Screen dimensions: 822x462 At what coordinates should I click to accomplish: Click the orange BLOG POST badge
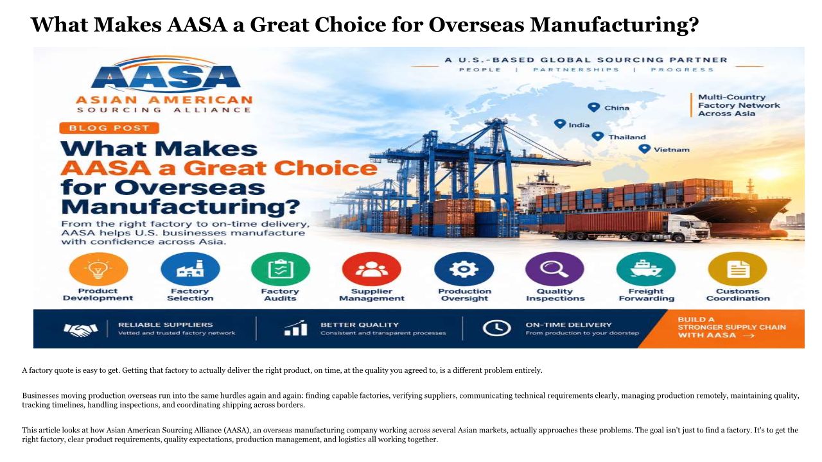click(109, 128)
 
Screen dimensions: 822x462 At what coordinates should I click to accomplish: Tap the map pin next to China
click(593, 107)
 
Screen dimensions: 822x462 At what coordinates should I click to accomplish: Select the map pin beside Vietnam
click(644, 149)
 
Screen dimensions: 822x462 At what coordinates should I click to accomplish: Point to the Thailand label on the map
click(627, 137)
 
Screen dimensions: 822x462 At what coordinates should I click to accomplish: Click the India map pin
click(559, 124)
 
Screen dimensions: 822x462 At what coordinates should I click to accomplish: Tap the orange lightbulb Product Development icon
click(98, 269)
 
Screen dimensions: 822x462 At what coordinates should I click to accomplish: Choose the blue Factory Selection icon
click(190, 269)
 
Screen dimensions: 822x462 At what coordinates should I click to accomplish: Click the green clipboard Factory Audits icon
click(281, 269)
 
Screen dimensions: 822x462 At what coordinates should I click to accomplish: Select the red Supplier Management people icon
click(371, 269)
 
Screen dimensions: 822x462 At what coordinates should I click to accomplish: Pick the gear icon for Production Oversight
click(464, 269)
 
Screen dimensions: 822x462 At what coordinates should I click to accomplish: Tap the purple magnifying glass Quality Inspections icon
click(554, 269)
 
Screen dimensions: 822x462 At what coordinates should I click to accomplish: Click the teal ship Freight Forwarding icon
click(646, 269)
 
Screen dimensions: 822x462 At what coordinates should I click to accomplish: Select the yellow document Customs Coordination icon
click(738, 269)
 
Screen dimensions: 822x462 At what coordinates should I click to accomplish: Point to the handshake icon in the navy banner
click(81, 330)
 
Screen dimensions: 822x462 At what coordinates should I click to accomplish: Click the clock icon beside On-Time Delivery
click(496, 328)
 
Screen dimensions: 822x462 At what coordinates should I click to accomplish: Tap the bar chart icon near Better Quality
click(296, 328)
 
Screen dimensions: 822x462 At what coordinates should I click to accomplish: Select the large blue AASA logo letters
click(166, 77)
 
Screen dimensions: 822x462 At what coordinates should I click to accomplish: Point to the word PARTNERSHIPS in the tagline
click(576, 70)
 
